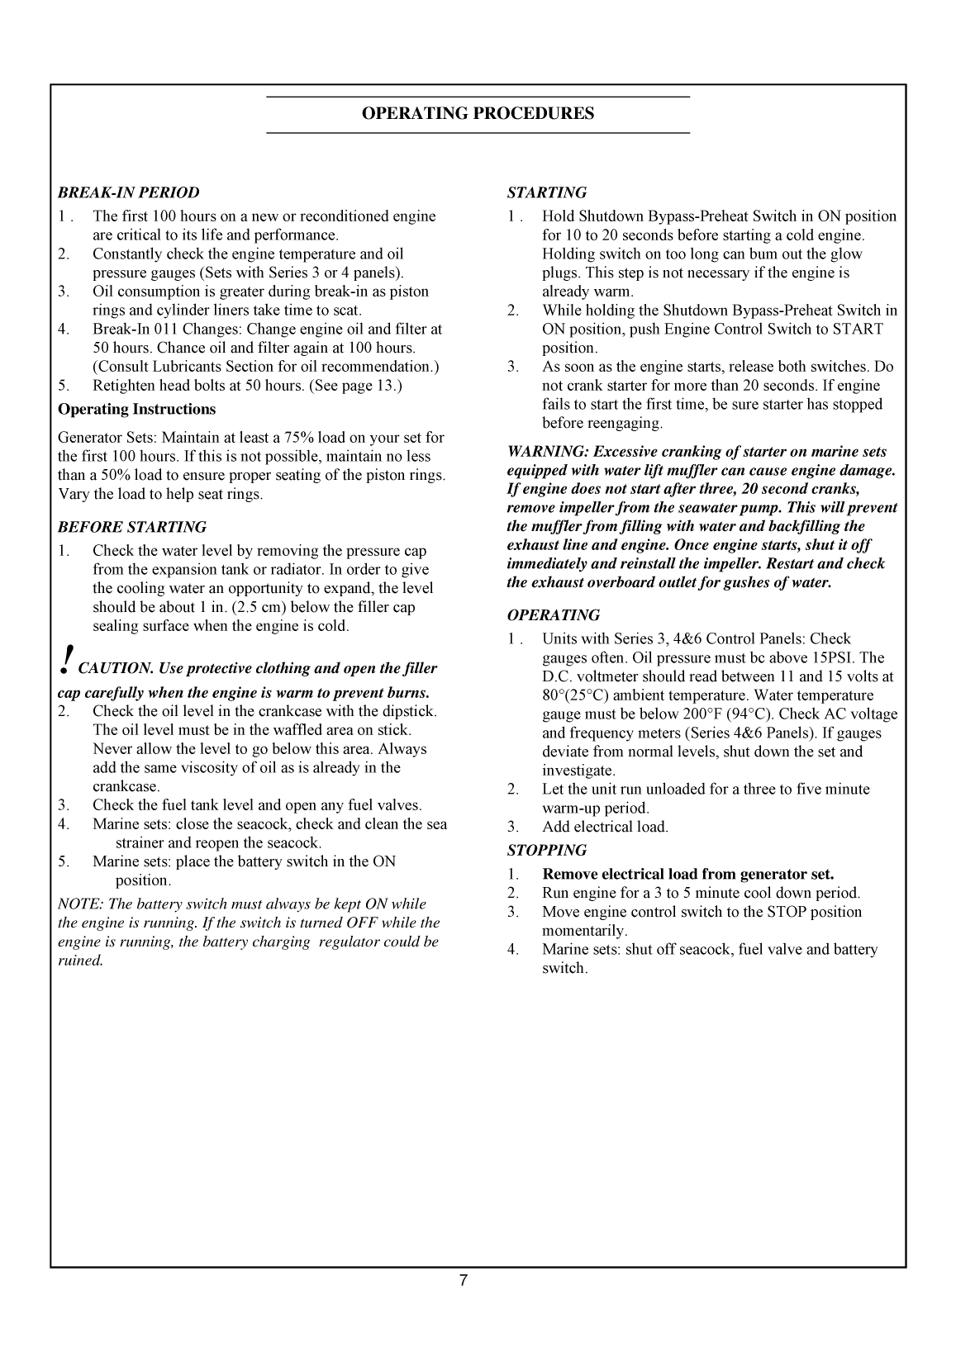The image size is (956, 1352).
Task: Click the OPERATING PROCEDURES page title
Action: point(478,114)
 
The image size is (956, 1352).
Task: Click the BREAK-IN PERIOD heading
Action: point(128,192)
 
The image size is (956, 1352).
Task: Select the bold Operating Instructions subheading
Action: point(136,410)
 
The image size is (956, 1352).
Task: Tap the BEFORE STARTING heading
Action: point(132,527)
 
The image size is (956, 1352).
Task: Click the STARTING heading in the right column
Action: point(547,192)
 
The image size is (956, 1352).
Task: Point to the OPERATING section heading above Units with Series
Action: point(553,615)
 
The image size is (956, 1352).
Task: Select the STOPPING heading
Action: point(547,851)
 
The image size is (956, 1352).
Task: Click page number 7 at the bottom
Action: point(464,1281)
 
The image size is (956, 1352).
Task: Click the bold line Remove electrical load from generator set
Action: point(687,875)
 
